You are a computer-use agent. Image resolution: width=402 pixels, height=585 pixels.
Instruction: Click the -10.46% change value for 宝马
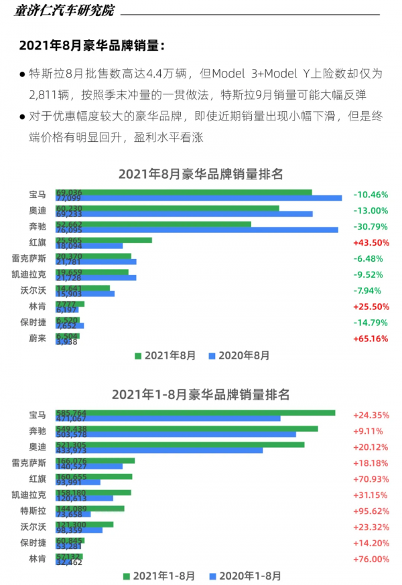click(x=371, y=195)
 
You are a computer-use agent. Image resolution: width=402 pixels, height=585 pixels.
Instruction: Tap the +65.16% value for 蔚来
click(x=371, y=339)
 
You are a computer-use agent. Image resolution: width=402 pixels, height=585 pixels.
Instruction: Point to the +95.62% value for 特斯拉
click(x=371, y=511)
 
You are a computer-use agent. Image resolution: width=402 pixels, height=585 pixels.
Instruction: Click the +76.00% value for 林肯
click(x=371, y=560)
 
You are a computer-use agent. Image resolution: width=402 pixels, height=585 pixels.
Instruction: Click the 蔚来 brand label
click(x=38, y=339)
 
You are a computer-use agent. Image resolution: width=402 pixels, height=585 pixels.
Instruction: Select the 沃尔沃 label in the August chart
click(x=33, y=290)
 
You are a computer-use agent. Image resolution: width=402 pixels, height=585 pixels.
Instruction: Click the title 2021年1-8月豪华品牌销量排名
click(x=200, y=394)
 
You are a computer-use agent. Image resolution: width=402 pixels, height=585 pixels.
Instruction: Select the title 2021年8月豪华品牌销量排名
click(x=200, y=174)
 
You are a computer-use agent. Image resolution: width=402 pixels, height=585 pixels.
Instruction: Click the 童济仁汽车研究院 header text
click(x=63, y=11)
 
